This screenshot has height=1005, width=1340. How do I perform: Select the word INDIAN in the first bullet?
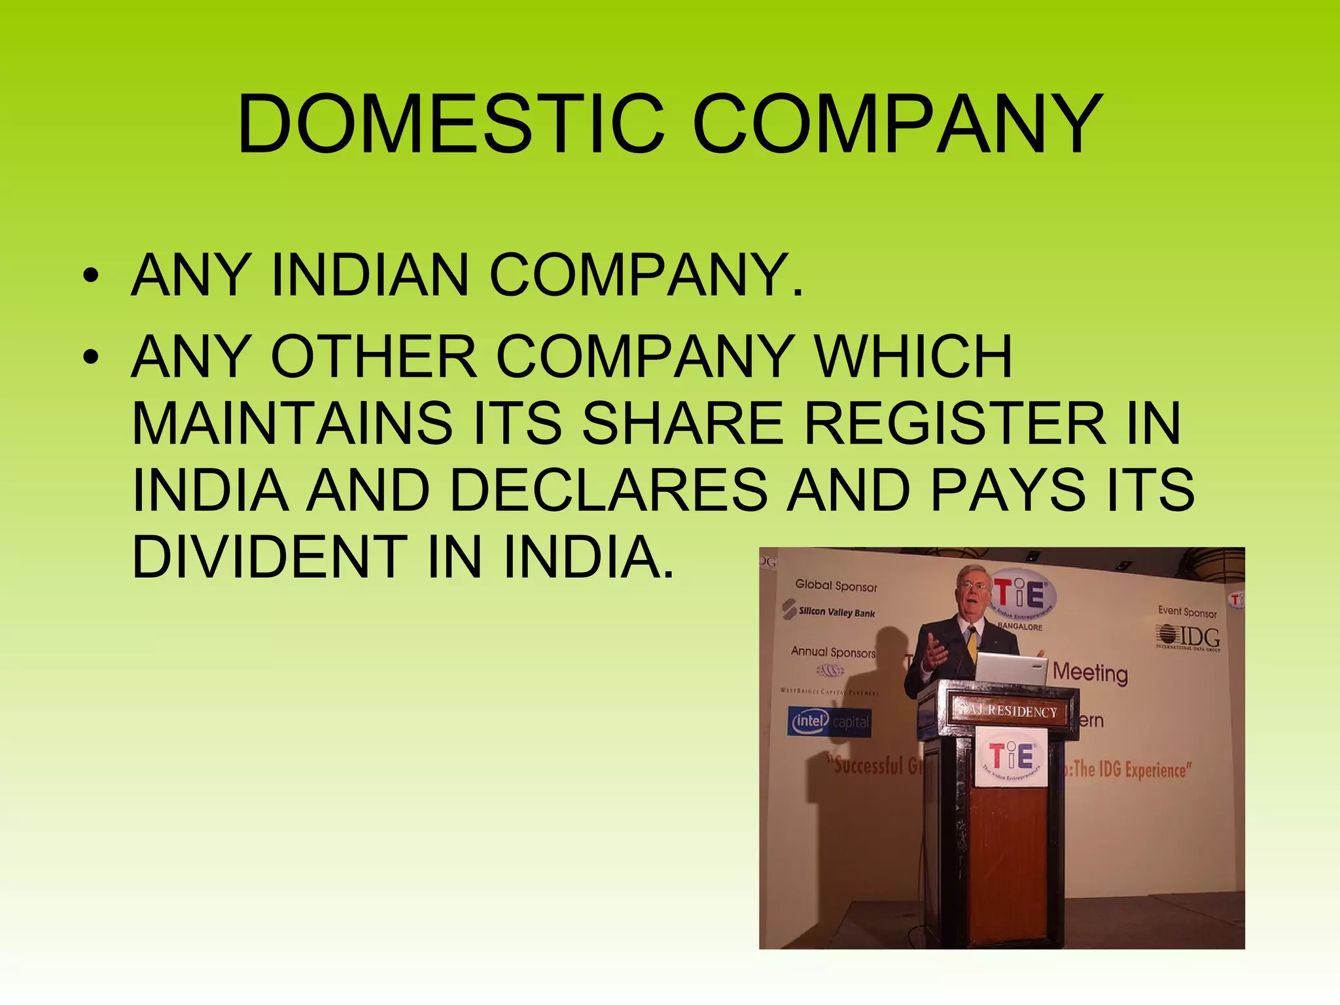pyautogui.click(x=370, y=275)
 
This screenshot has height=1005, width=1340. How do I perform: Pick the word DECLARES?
pyautogui.click(x=608, y=490)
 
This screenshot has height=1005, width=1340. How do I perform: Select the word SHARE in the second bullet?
pyautogui.click(x=683, y=423)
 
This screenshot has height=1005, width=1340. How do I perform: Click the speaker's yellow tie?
pyautogui.click(x=972, y=644)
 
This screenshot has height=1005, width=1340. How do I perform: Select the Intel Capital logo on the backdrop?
pyautogui.click(x=830, y=722)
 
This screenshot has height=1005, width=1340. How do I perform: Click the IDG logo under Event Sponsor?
pyautogui.click(x=1188, y=637)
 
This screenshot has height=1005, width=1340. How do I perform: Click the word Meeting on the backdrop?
pyautogui.click(x=1090, y=672)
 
